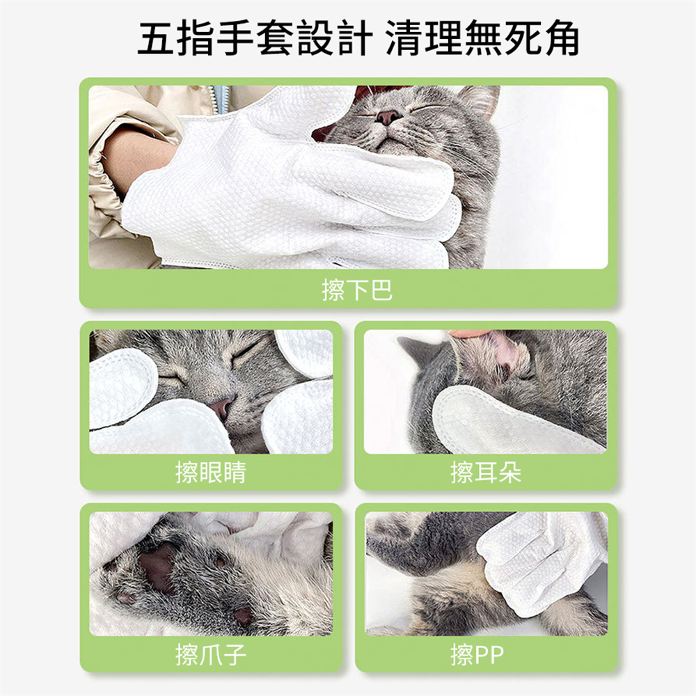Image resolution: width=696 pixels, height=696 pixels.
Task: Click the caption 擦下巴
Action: pyautogui.click(x=357, y=290)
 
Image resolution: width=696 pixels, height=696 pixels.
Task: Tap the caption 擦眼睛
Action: pyautogui.click(x=210, y=473)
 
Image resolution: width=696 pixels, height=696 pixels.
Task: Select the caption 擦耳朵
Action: pyautogui.click(x=486, y=473)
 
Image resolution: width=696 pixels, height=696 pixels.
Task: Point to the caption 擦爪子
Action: pyautogui.click(x=210, y=654)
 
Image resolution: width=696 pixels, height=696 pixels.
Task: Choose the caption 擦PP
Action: pyautogui.click(x=477, y=654)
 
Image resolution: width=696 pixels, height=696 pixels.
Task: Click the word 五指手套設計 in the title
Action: pyautogui.click(x=252, y=39)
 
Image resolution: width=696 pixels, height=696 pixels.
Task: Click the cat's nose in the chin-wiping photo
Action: pyautogui.click(x=387, y=116)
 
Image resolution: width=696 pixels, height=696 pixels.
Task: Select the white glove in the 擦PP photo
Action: pyautogui.click(x=536, y=560)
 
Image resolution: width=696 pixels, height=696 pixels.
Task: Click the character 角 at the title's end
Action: pyautogui.click(x=558, y=39)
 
